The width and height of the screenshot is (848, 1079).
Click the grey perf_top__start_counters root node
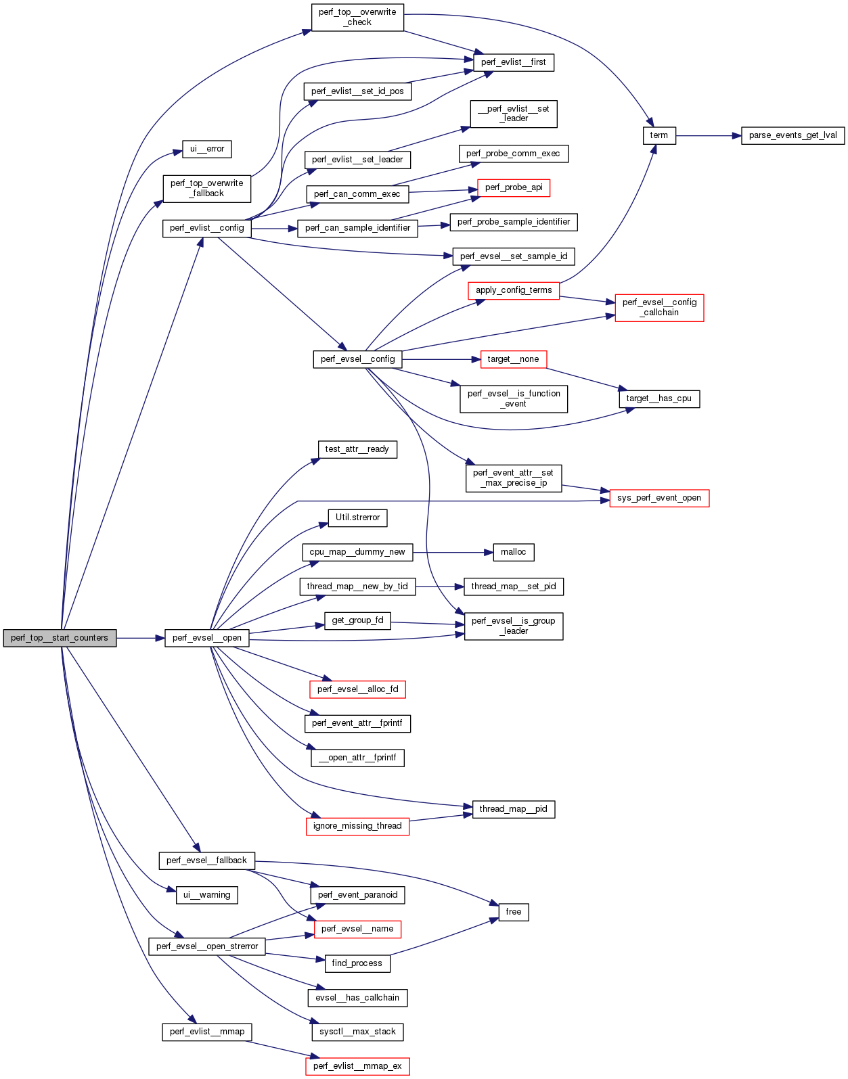[60, 638]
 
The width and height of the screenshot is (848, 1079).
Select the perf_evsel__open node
[206, 638]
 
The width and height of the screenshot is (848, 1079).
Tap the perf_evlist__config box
[206, 228]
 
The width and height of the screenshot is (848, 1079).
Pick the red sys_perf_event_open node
[659, 498]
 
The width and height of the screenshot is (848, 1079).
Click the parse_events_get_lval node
[793, 135]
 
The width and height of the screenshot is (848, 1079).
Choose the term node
[659, 135]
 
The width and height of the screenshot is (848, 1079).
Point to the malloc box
[513, 552]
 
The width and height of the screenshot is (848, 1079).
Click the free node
[513, 912]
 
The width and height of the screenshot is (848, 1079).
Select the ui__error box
[207, 149]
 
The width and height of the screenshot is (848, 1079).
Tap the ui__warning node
[207, 895]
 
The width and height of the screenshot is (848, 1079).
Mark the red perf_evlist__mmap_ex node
[357, 1066]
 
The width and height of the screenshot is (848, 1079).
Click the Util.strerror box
[357, 518]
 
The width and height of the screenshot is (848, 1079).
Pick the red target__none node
[513, 359]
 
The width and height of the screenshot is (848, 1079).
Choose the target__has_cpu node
[659, 398]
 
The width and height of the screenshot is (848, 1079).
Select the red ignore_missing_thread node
[357, 826]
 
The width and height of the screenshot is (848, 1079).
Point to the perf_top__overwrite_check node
[357, 17]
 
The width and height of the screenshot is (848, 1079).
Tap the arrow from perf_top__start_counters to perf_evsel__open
[140, 638]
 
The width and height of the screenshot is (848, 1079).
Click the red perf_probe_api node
[513, 187]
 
